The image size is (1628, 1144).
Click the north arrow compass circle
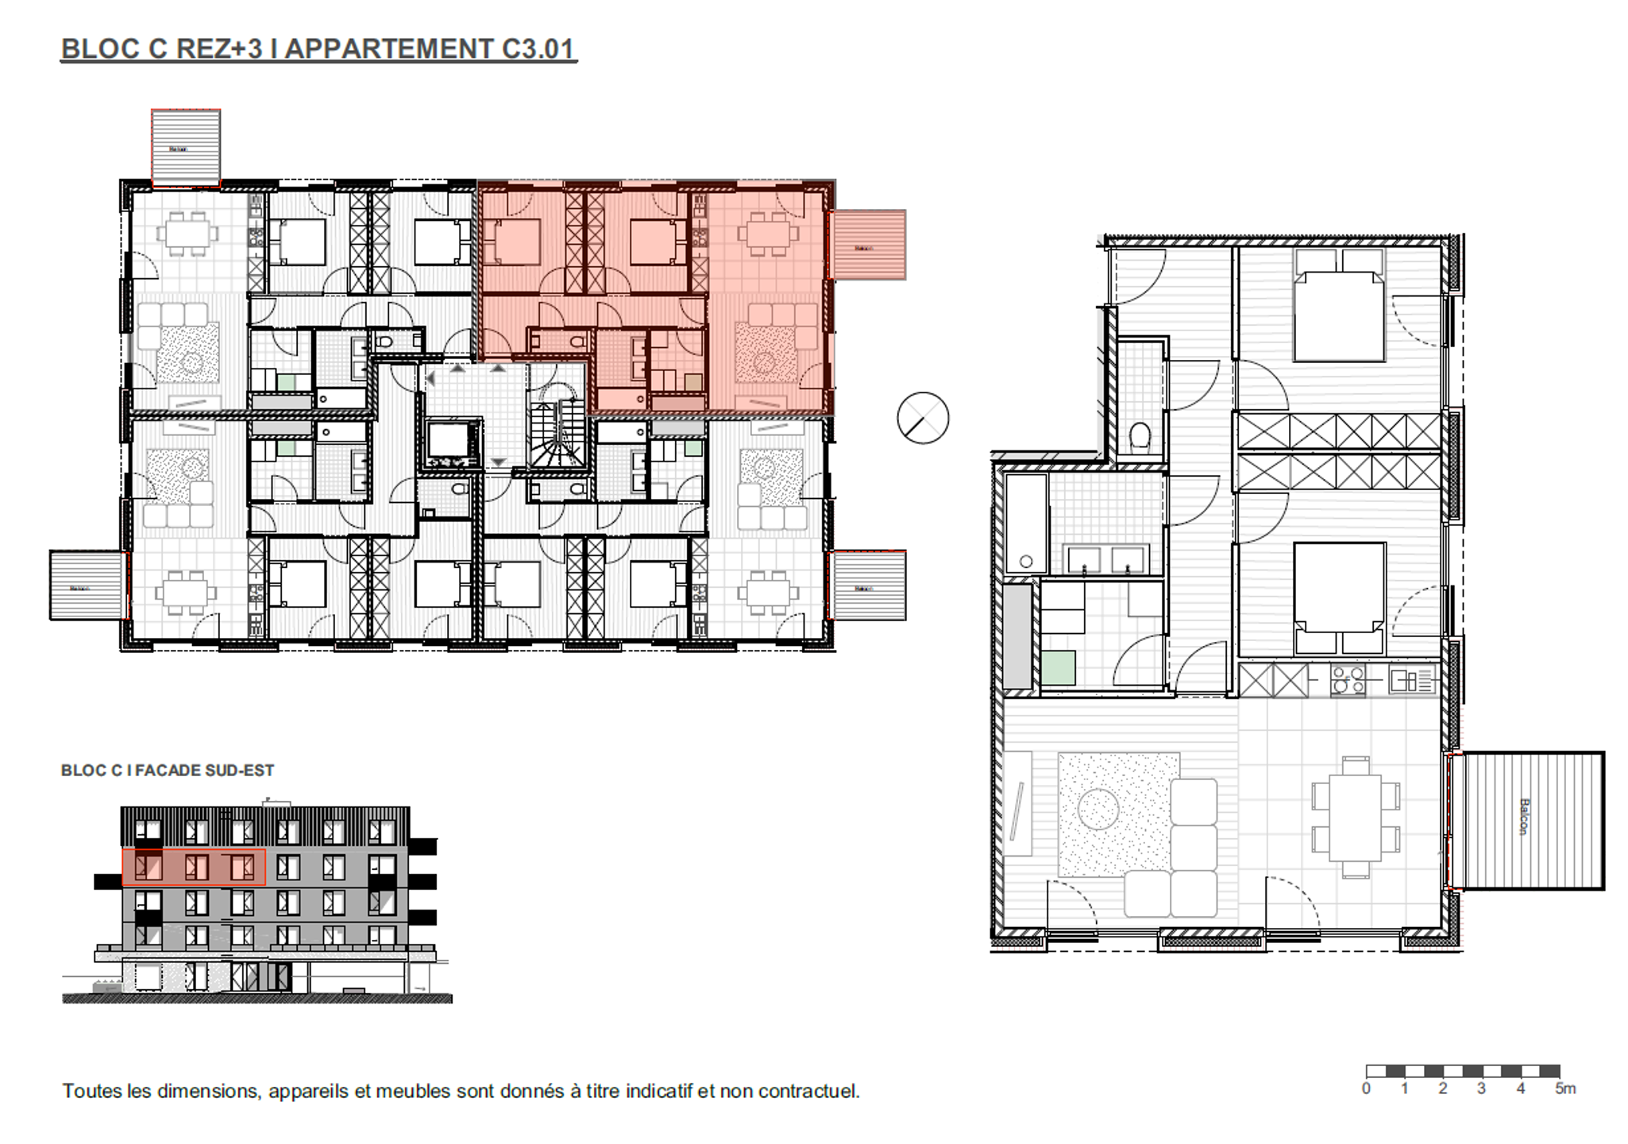[923, 417]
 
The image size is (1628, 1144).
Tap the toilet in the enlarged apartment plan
[1140, 436]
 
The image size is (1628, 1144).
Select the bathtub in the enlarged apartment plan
[1025, 524]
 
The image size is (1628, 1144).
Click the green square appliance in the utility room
[1058, 667]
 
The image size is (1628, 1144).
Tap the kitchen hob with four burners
[1348, 681]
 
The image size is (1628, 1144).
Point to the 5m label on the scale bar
[1564, 1088]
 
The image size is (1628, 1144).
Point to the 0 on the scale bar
[1366, 1088]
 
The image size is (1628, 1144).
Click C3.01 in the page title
[538, 49]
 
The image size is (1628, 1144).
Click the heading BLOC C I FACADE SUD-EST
[168, 771]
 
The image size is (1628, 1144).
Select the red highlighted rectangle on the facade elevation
[193, 867]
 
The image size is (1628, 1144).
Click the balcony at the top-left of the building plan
[186, 148]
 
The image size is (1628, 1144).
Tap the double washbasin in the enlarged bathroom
[1106, 559]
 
